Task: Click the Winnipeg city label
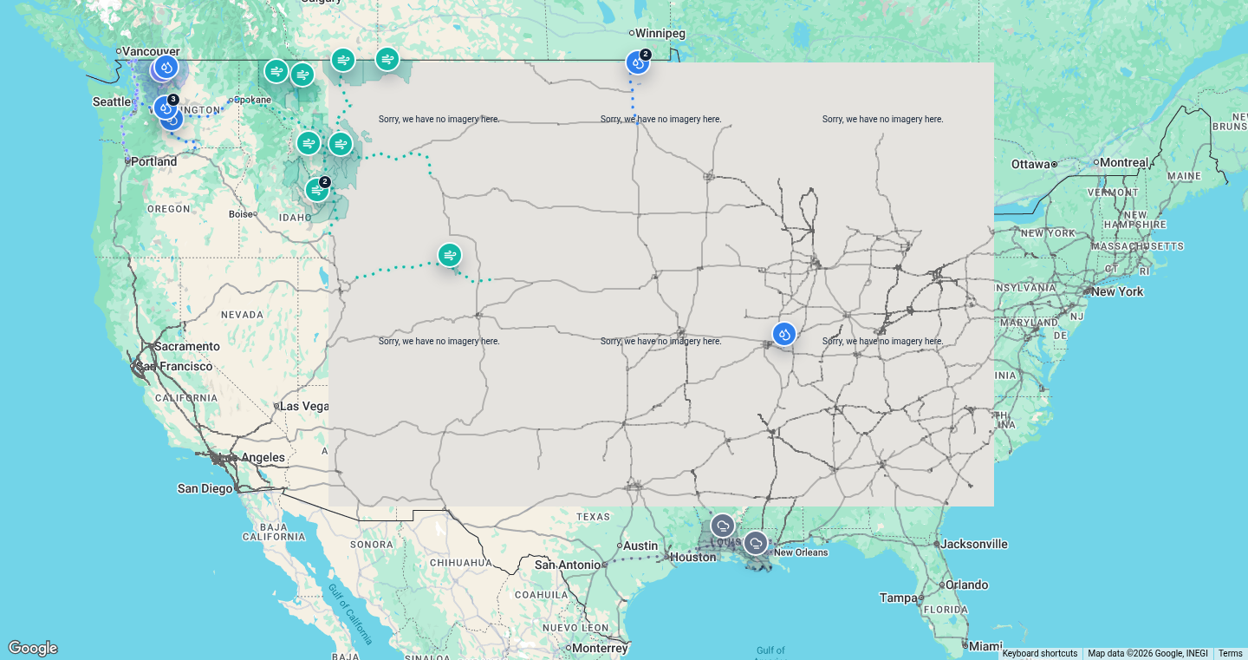661,33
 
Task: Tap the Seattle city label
111,101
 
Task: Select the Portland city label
153,161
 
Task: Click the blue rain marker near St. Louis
783,334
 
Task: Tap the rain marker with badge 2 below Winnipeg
638,62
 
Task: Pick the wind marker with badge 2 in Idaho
317,189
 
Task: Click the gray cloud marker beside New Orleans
756,544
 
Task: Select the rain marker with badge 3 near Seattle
166,108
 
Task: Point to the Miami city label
985,646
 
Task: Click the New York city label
1117,291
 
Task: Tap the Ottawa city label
1030,164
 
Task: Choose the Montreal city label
1125,162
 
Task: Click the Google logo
33,648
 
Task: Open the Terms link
1230,654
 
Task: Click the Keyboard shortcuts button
1039,654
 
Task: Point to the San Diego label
205,488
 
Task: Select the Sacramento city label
187,346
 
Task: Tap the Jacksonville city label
974,544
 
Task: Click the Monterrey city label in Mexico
601,648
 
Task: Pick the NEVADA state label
242,315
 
